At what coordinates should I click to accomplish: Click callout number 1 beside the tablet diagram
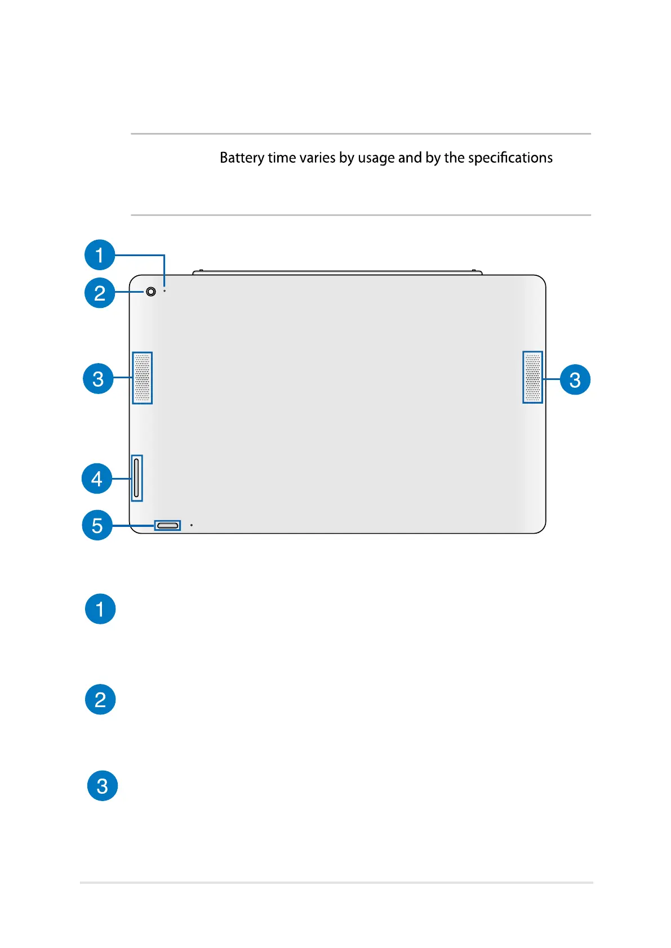click(x=100, y=255)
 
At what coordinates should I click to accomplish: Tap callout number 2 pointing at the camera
click(x=100, y=293)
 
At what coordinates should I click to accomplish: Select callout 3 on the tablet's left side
click(x=98, y=378)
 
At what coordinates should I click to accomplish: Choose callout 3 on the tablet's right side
click(x=575, y=379)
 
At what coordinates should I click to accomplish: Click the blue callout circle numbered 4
click(x=97, y=479)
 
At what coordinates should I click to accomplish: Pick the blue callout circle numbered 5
click(x=97, y=525)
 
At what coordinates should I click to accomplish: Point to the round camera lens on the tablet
click(x=150, y=292)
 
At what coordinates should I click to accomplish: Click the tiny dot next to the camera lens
click(x=165, y=290)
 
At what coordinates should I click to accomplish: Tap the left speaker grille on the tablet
click(x=143, y=378)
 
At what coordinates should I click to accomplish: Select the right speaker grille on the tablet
click(x=532, y=377)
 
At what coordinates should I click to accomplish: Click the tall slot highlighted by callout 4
click(x=136, y=478)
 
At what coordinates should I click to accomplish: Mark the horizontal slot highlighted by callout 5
click(x=167, y=525)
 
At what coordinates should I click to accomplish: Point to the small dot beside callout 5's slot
click(x=192, y=525)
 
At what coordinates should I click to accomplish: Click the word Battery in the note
click(x=242, y=158)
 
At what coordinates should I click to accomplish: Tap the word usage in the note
click(x=376, y=158)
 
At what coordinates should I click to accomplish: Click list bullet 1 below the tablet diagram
click(x=100, y=609)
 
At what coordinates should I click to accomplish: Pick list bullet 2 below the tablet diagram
click(x=100, y=699)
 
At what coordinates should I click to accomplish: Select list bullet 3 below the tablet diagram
click(x=102, y=786)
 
